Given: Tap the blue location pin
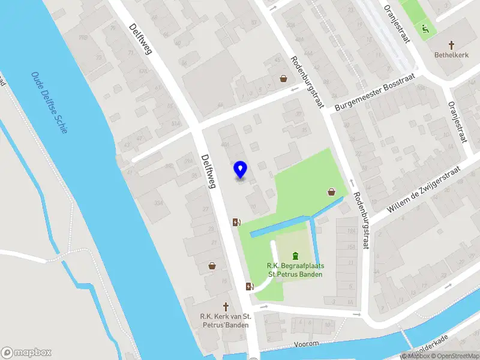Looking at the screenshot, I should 240,169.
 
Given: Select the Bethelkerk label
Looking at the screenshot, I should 451,55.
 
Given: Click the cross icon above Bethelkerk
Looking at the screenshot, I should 452,45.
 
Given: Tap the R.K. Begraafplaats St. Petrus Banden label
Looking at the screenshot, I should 295,270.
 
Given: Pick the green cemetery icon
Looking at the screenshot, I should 295,256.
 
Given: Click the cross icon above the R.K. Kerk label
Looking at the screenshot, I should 227,306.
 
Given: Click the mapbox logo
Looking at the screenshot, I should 26,353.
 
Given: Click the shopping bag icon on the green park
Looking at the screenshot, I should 331,193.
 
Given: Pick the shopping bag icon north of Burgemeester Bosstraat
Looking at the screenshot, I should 283,78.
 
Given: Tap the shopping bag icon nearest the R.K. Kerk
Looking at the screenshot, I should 212,265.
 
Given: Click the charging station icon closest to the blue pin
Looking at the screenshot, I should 237,223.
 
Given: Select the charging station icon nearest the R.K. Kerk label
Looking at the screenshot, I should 250,286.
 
